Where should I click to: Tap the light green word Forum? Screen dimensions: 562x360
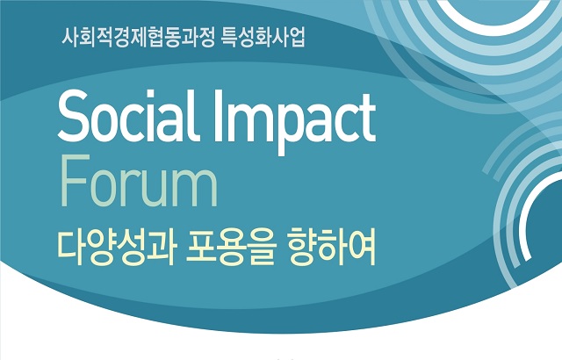139,181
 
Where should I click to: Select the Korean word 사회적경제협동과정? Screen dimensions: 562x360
138,38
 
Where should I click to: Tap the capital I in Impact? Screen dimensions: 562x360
219,116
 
